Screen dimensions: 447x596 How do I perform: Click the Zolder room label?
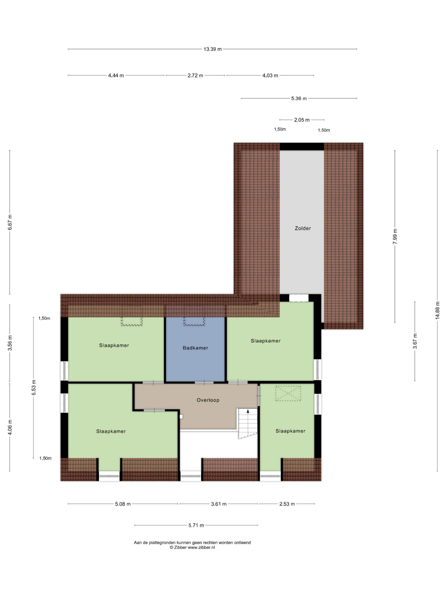pos(303,228)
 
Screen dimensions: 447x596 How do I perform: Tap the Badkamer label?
pos(195,348)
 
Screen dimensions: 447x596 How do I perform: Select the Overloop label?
pos(208,400)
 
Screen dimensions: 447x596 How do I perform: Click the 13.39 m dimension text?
pos(213,49)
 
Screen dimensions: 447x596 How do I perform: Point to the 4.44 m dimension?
pos(116,75)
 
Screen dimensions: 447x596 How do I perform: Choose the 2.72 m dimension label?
pos(195,75)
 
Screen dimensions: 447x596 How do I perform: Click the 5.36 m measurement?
pos(299,98)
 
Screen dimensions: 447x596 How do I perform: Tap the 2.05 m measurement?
pos(302,120)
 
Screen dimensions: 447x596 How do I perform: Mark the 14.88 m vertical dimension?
pos(437,310)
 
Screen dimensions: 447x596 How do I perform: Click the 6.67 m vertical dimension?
pos(10,222)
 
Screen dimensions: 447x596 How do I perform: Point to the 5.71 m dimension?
pos(196,525)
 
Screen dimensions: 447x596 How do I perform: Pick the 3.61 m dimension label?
pos(219,504)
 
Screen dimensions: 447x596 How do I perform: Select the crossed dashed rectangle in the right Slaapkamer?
pos(288,393)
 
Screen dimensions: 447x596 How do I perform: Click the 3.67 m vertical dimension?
pos(415,341)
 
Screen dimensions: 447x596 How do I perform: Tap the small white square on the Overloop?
pos(181,417)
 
